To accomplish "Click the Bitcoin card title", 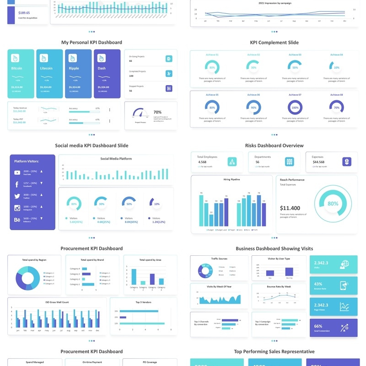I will [16, 68].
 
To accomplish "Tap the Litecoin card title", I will [46, 68].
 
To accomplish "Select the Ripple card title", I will [74, 68].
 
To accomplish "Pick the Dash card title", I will [102, 68].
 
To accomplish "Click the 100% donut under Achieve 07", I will [295, 108].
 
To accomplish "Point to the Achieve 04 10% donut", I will [337, 67].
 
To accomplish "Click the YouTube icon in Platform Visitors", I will [17, 172].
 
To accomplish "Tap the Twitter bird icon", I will [17, 196].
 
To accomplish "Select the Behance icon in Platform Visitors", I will [17, 220].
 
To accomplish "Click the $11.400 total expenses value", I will [290, 208].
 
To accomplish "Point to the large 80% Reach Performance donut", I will [333, 204].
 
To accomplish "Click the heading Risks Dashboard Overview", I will [274, 145].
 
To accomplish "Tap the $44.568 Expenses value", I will [318, 162].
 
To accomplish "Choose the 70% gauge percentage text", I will [157, 112].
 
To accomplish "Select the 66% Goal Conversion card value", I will [318, 326].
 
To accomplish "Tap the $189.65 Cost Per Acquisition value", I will [24, 13].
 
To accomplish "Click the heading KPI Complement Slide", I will [274, 43].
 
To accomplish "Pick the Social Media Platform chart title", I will [116, 159].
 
